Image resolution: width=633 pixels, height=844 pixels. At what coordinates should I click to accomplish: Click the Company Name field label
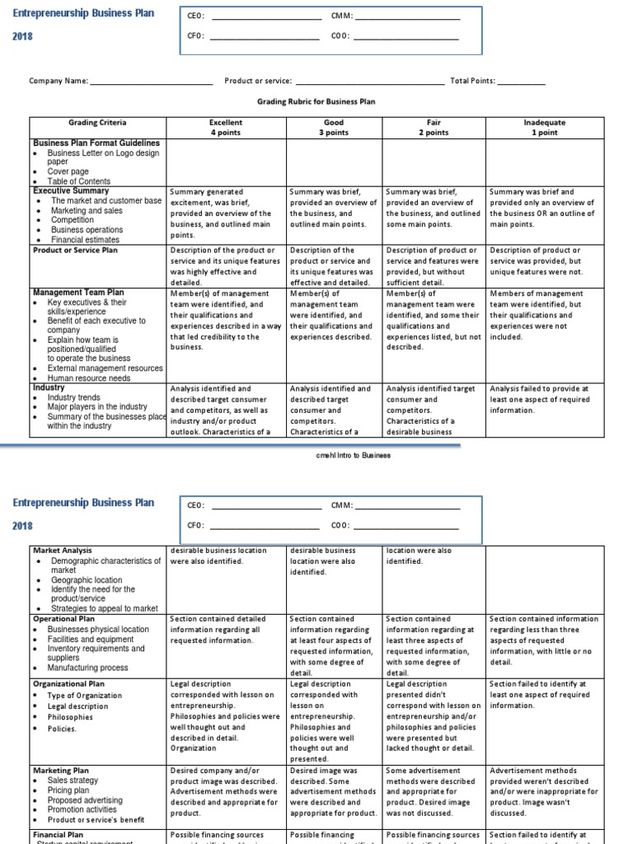(58, 82)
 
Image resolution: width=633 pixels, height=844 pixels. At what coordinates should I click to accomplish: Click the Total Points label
(472, 82)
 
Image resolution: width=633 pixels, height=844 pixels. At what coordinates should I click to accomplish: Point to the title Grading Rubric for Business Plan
(316, 102)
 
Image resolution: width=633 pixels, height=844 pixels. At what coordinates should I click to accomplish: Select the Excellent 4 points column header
(226, 127)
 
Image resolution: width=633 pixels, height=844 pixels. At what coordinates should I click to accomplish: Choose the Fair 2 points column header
(434, 127)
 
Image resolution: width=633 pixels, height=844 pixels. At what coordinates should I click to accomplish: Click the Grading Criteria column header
(97, 123)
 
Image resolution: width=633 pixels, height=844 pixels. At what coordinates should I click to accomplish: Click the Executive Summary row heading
(71, 190)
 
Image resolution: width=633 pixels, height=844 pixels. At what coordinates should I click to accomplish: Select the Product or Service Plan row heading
(78, 251)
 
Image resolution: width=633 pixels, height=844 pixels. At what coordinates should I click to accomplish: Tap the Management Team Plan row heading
(78, 293)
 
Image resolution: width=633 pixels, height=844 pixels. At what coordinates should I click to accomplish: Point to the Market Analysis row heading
(63, 551)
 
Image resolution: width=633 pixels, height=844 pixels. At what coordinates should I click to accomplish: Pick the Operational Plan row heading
(64, 619)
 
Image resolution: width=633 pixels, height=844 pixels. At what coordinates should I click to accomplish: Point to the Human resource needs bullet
(88, 377)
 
